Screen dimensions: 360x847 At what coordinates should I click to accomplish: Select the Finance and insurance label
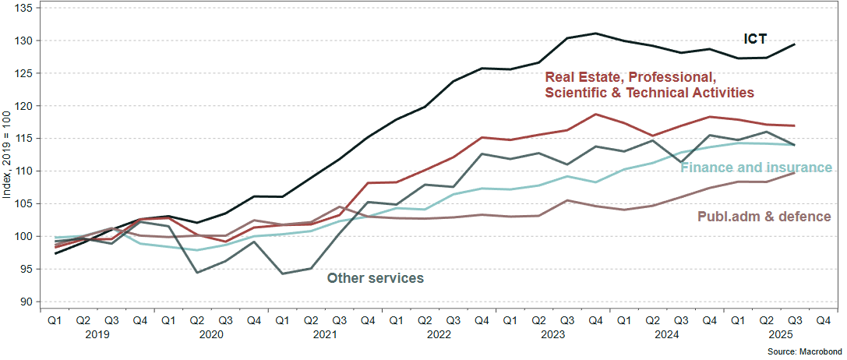tap(756, 168)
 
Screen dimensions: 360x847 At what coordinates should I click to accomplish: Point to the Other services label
tap(375, 277)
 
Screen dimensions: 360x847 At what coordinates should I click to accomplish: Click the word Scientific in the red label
tap(577, 92)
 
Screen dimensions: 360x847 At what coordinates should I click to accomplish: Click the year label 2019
tap(97, 334)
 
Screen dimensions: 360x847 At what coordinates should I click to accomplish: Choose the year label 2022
tap(439, 334)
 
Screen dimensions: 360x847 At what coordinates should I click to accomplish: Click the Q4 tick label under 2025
tap(822, 319)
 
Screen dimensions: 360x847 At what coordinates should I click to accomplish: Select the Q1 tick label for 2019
tap(55, 319)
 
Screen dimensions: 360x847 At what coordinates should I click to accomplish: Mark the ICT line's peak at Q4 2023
tap(595, 34)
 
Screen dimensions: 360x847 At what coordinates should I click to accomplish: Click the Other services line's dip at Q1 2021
tap(282, 274)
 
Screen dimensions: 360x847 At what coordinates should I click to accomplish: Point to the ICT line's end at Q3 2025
tap(794, 44)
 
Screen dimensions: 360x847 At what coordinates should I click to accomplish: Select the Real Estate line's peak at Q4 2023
tap(595, 115)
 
